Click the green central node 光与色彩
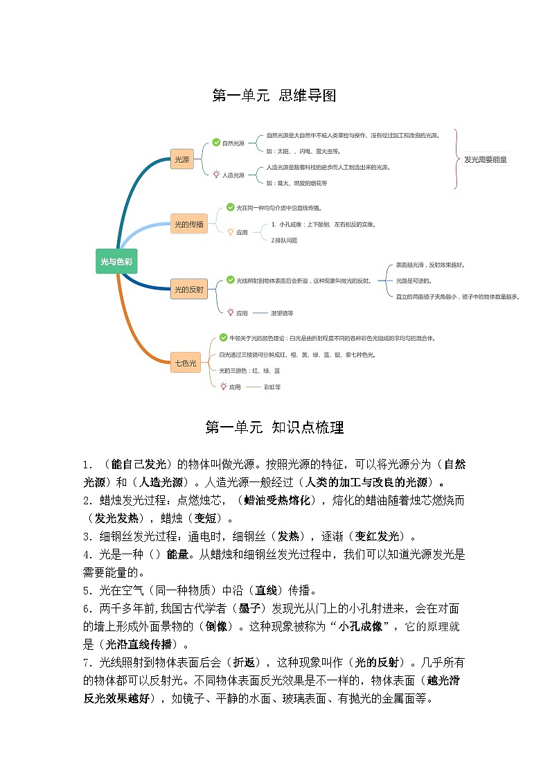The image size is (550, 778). pos(116,261)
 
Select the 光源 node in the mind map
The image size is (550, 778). pos(181,159)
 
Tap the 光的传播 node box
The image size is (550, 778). pos(188,224)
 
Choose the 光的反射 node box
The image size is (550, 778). pos(188,290)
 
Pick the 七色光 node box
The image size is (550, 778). pos(186,362)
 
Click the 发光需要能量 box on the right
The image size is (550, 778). pos(486,159)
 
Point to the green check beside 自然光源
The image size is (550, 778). pos(216,143)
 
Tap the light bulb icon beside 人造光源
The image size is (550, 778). pos(216,175)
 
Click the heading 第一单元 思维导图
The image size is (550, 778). pos(274,96)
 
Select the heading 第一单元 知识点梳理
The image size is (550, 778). pos(274,427)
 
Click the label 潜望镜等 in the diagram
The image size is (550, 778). pos(282,313)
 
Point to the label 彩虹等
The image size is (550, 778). pos(272,387)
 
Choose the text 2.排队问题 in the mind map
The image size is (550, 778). pos(284,240)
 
